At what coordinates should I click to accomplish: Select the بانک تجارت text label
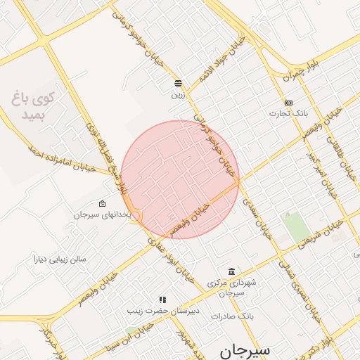click(290, 113)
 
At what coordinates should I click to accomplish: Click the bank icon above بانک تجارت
click(288, 103)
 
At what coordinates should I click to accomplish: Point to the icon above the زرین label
click(179, 82)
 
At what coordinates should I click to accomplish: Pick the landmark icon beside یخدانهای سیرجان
click(103, 204)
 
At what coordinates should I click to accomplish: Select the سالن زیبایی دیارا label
click(59, 259)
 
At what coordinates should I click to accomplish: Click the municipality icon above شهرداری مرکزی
click(231, 271)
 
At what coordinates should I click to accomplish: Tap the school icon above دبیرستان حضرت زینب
click(162, 300)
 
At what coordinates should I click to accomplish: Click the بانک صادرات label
click(231, 316)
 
